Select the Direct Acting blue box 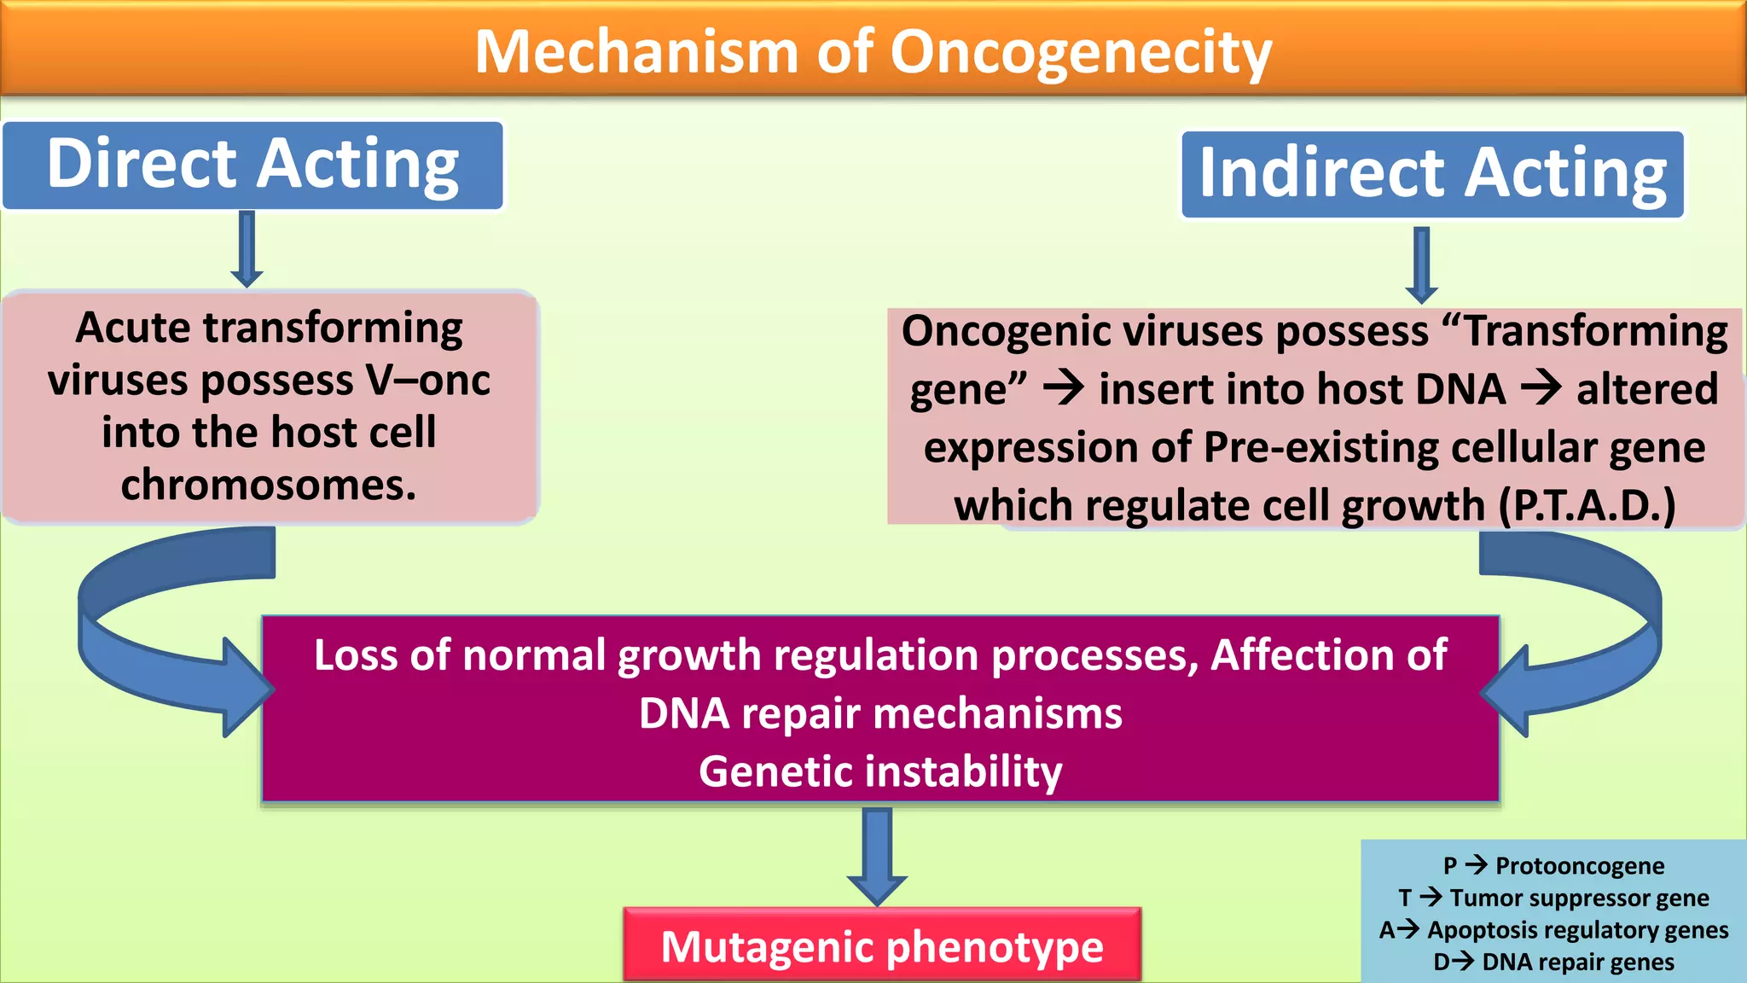point(252,165)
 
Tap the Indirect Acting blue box point(1432,174)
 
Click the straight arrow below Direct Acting point(247,249)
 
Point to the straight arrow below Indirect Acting point(1421,265)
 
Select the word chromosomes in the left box point(268,485)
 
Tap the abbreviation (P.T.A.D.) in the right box point(1587,505)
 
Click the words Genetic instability point(880,771)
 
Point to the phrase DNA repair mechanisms point(880,713)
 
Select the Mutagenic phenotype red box point(882,945)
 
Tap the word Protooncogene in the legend point(1579,866)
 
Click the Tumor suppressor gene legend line point(1554,898)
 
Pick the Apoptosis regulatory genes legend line point(1554,930)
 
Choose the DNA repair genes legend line point(1554,963)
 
